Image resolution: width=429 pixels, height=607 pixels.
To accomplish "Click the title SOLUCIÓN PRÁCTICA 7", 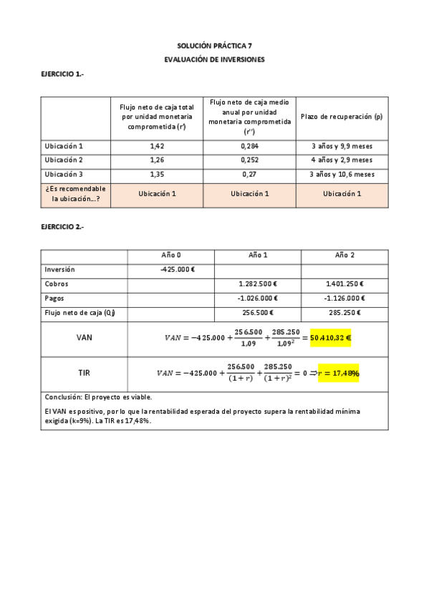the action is point(214,45).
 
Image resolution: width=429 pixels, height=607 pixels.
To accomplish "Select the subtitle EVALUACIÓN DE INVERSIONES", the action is point(214,59).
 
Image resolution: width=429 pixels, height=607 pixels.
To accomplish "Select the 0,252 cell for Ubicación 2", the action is point(249,160).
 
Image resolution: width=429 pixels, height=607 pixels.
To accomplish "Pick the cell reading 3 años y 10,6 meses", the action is point(342,174).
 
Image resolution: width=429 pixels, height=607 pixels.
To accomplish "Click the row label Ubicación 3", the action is point(64,174).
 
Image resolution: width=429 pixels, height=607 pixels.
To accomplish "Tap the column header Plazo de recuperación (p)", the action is point(342,116).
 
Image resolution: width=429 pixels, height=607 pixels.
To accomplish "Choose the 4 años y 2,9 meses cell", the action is point(342,160).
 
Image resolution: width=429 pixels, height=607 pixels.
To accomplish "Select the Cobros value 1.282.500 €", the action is point(258,284).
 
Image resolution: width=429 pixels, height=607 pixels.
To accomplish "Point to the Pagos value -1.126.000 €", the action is point(344,298).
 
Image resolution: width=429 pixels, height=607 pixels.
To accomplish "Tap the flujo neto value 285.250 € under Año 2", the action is point(344,313).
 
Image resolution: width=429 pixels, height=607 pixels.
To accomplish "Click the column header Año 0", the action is point(172,256).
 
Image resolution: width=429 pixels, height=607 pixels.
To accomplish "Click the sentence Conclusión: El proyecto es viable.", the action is point(98,397).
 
